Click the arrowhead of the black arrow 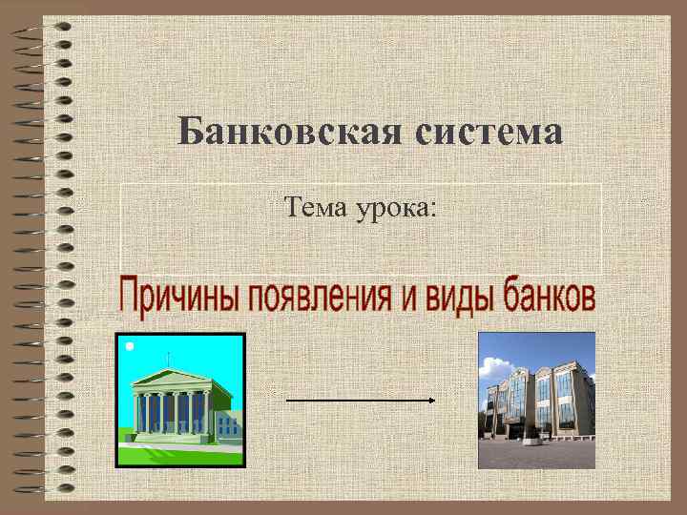(x=431, y=401)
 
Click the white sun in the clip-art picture (x=129, y=345)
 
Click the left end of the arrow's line (x=288, y=401)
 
